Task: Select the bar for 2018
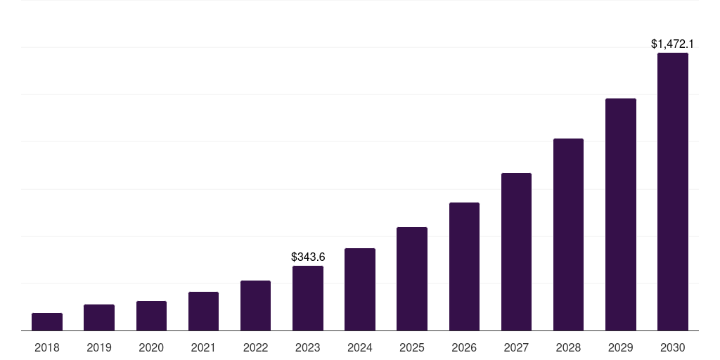click(x=47, y=322)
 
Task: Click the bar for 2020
click(x=151, y=316)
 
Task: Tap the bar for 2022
click(x=255, y=306)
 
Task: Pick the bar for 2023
click(x=308, y=298)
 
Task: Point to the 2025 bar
click(x=412, y=279)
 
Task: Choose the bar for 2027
click(x=516, y=252)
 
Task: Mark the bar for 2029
click(x=620, y=214)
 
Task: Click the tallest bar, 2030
click(x=673, y=192)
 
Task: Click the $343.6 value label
click(x=308, y=257)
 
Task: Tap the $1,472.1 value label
click(x=673, y=44)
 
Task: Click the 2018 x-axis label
click(x=47, y=347)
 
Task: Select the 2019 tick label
click(x=99, y=347)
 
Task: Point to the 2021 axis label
click(x=203, y=347)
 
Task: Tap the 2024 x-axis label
click(x=360, y=347)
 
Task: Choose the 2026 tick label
click(x=464, y=347)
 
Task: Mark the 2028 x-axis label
click(x=568, y=347)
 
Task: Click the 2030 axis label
click(x=673, y=347)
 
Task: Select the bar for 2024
click(x=360, y=290)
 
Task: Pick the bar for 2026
click(x=464, y=266)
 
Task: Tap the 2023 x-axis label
click(x=308, y=347)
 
